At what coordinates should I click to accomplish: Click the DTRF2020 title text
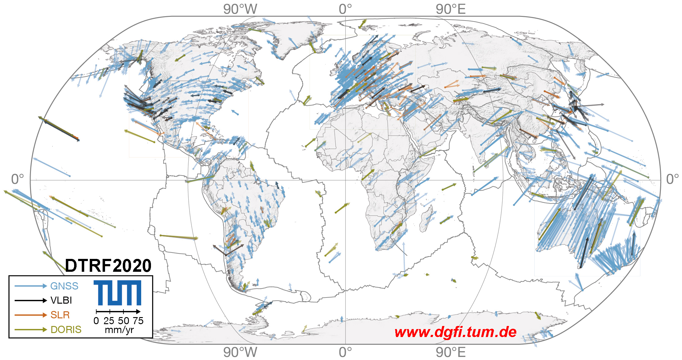[x=108, y=265]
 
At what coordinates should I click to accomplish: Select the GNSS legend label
[x=64, y=286]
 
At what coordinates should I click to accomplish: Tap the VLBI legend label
[x=61, y=300]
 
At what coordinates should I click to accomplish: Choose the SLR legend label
[x=60, y=315]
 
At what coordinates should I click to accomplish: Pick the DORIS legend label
[x=66, y=330]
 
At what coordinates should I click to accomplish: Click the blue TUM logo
[x=117, y=293]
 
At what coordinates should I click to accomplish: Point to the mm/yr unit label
[x=119, y=330]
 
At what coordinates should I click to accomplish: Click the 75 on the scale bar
[x=138, y=321]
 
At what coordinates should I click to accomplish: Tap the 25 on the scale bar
[x=109, y=321]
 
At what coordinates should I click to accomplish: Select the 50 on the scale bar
[x=123, y=321]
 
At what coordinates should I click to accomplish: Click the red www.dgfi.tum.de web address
[x=455, y=332]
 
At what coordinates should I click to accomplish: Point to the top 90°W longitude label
[x=240, y=9]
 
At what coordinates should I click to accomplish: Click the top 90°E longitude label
[x=450, y=9]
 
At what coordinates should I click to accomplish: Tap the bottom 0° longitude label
[x=345, y=352]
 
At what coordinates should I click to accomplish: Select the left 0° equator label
[x=17, y=179]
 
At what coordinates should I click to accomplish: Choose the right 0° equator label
[x=672, y=179]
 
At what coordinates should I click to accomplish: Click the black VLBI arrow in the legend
[x=31, y=301]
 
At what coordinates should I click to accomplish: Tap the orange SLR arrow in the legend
[x=31, y=315]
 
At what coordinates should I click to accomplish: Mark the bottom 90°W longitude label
[x=240, y=352]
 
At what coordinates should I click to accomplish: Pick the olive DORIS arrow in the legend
[x=31, y=330]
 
